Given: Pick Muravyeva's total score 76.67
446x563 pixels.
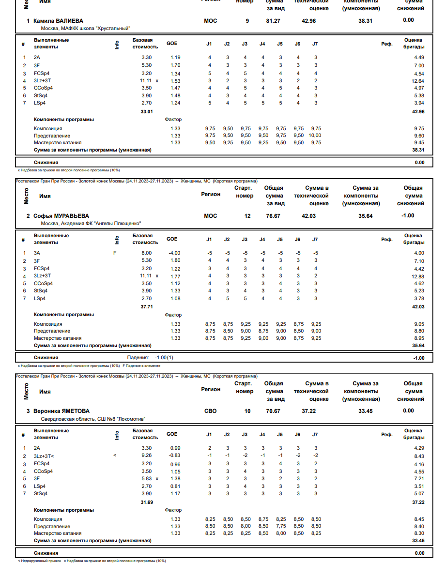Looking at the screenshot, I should [273, 216].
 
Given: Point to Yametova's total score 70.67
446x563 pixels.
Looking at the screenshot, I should [273, 411].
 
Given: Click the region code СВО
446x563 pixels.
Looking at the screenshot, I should [211, 411].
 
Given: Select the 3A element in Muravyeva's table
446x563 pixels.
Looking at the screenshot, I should [37, 253].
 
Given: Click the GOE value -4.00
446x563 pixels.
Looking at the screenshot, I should [174, 253].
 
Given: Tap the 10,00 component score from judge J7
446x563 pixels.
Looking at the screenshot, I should [315, 136].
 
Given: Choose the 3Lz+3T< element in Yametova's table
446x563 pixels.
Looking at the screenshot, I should [44, 456].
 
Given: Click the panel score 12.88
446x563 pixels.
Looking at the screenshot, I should [417, 276].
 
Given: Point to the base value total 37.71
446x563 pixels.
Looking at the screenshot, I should [147, 307].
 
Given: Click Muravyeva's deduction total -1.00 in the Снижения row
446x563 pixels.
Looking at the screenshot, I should [419, 358].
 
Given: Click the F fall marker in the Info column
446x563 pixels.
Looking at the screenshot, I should [115, 253].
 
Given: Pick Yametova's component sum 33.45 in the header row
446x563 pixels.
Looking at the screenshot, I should [366, 411].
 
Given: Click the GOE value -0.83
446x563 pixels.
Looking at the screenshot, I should [174, 456].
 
